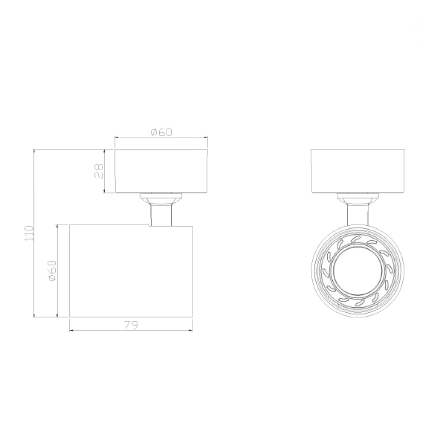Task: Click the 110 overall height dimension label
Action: [x=29, y=233]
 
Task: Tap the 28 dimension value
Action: [x=99, y=171]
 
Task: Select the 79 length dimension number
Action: [x=131, y=325]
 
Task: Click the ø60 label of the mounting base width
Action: [x=161, y=132]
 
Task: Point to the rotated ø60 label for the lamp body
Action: [x=53, y=271]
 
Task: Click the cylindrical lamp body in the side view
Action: [x=131, y=271]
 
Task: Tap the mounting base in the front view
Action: [x=358, y=171]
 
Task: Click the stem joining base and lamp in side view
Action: [x=161, y=215]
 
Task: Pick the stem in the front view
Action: [x=358, y=215]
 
